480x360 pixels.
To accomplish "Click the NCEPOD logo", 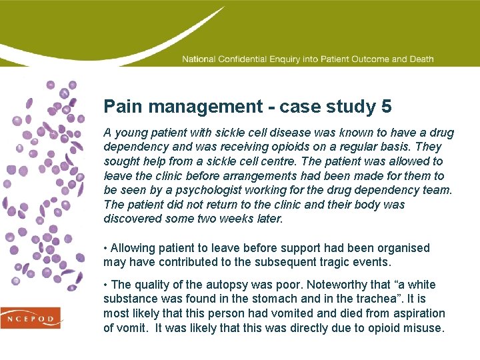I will pyautogui.click(x=31, y=318).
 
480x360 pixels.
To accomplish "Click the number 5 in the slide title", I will pyautogui.click(x=386, y=107).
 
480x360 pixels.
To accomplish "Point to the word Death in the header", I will pyautogui.click(x=421, y=59).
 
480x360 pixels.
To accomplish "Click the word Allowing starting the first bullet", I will pyautogui.click(x=132, y=248).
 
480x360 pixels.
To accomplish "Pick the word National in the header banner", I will pyautogui.click(x=198, y=59).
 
